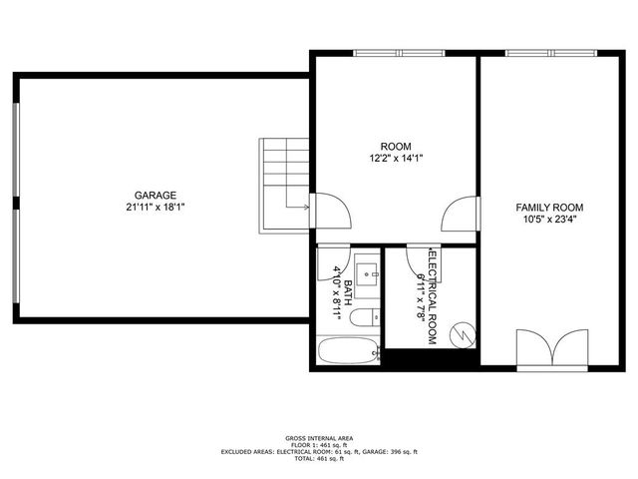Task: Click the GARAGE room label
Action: coord(157,195)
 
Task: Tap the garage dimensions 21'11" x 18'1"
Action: coord(157,208)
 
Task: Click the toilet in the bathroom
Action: coord(367,317)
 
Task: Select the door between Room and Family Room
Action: coord(461,214)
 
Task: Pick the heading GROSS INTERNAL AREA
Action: coord(319,438)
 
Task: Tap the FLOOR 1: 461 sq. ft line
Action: coord(319,445)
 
